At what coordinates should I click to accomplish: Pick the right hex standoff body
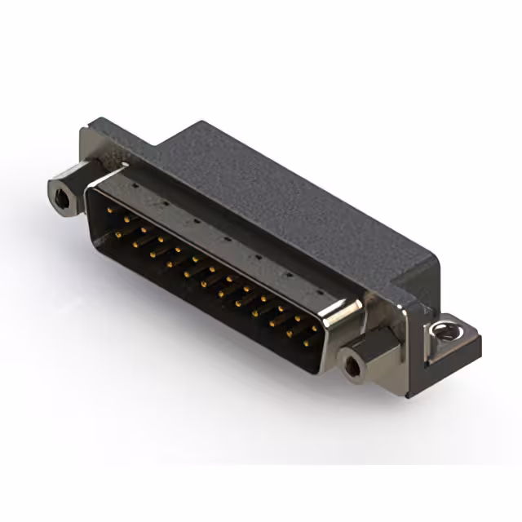364,359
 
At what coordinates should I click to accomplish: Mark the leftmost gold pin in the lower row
118,234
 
